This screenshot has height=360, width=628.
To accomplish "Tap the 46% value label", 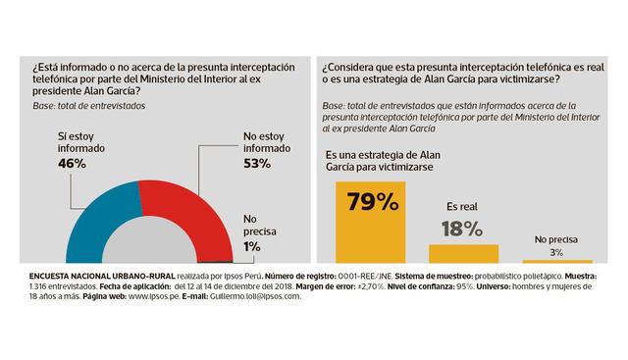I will pos(72,164).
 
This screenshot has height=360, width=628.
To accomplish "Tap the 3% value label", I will pos(556,252).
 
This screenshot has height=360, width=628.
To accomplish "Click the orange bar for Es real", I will pos(463,252).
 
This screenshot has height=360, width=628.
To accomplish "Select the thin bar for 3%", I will pos(556,261).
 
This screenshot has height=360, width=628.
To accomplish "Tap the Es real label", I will pos(462,208).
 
